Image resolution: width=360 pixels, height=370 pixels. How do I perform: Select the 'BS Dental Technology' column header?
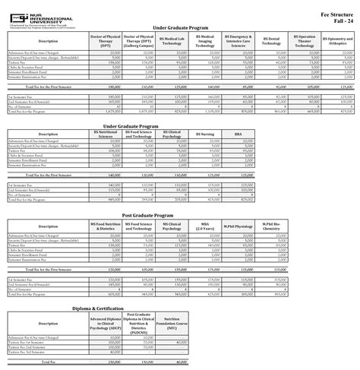(273, 41)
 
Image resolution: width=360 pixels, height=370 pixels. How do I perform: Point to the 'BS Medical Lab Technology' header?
(172, 41)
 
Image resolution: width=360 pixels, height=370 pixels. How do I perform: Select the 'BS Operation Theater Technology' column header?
(305, 41)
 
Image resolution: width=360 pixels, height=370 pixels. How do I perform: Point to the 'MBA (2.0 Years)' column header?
(206, 226)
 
